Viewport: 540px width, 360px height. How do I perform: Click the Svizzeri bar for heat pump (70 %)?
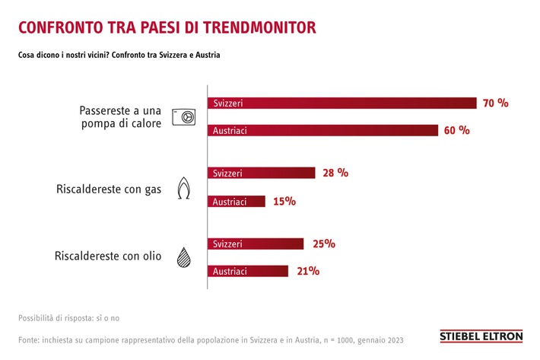click(342, 104)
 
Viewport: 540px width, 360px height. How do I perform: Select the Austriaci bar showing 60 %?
click(323, 131)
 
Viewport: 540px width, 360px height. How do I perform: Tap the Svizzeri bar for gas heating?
click(261, 174)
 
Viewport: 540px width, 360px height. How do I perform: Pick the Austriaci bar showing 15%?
click(237, 202)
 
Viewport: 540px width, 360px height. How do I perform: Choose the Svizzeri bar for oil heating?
click(256, 244)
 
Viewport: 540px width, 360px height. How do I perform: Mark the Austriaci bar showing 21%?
click(248, 271)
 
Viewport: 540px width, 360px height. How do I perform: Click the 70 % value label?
click(495, 103)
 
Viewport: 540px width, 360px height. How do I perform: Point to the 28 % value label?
click(335, 173)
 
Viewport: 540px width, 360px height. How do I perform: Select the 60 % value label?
click(457, 130)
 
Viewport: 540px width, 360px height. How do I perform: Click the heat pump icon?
click(183, 116)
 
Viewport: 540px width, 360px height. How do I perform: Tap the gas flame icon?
click(183, 188)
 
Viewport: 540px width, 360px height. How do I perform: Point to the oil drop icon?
click(183, 257)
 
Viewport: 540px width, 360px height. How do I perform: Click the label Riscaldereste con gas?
click(110, 189)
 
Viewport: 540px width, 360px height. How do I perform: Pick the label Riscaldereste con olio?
click(108, 256)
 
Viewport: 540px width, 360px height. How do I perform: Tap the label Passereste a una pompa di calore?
click(120, 116)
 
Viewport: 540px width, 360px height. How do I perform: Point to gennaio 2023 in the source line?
click(380, 339)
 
